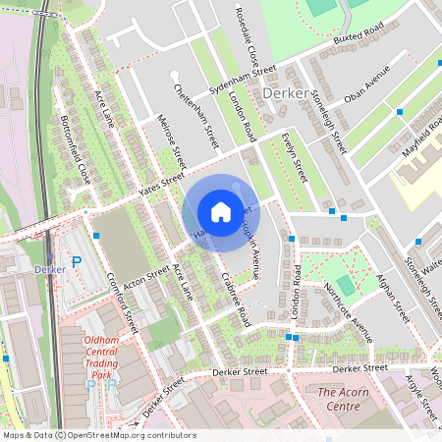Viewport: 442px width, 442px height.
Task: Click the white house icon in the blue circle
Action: [x=221, y=212]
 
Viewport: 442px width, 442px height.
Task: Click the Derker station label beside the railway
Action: [x=49, y=269]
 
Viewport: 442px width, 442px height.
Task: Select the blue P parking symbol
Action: [x=77, y=262]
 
